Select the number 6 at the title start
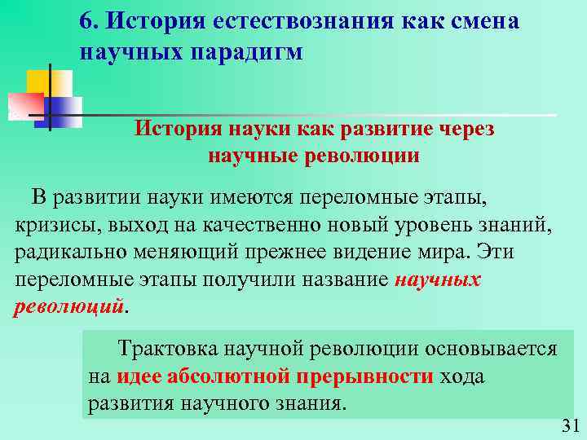coord(86,20)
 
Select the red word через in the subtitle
coord(459,130)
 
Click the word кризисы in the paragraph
coord(51,225)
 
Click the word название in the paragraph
coord(341,279)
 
